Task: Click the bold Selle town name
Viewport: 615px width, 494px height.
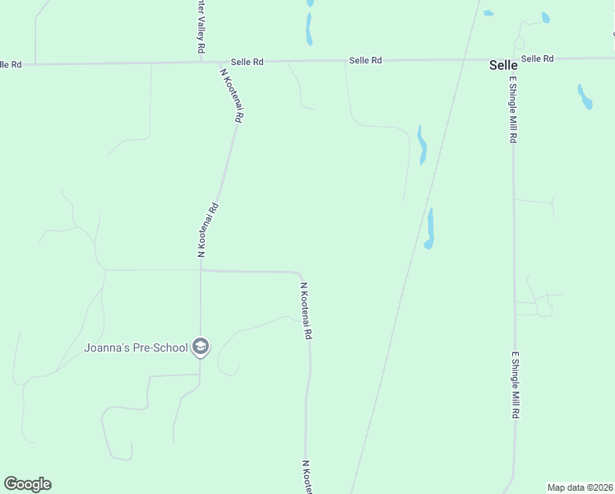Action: click(503, 64)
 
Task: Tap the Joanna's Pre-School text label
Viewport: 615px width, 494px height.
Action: click(136, 347)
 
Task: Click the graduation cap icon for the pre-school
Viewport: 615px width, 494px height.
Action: click(200, 347)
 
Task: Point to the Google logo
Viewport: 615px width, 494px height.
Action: click(27, 484)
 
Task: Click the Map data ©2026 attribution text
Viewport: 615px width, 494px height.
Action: click(580, 487)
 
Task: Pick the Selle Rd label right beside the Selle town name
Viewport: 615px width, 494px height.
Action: click(538, 58)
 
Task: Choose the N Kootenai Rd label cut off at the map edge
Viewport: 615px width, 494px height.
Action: click(307, 478)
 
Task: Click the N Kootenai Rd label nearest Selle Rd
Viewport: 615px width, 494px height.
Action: click(231, 95)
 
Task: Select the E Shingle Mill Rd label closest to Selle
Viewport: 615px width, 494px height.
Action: click(512, 110)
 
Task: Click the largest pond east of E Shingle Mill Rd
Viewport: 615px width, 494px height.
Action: click(585, 96)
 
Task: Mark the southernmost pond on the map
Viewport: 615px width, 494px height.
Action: click(429, 228)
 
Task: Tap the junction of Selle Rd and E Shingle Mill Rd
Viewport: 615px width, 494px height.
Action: click(511, 60)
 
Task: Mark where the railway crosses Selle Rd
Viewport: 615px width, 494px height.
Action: click(467, 60)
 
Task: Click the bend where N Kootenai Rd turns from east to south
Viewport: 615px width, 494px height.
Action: click(300, 273)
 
